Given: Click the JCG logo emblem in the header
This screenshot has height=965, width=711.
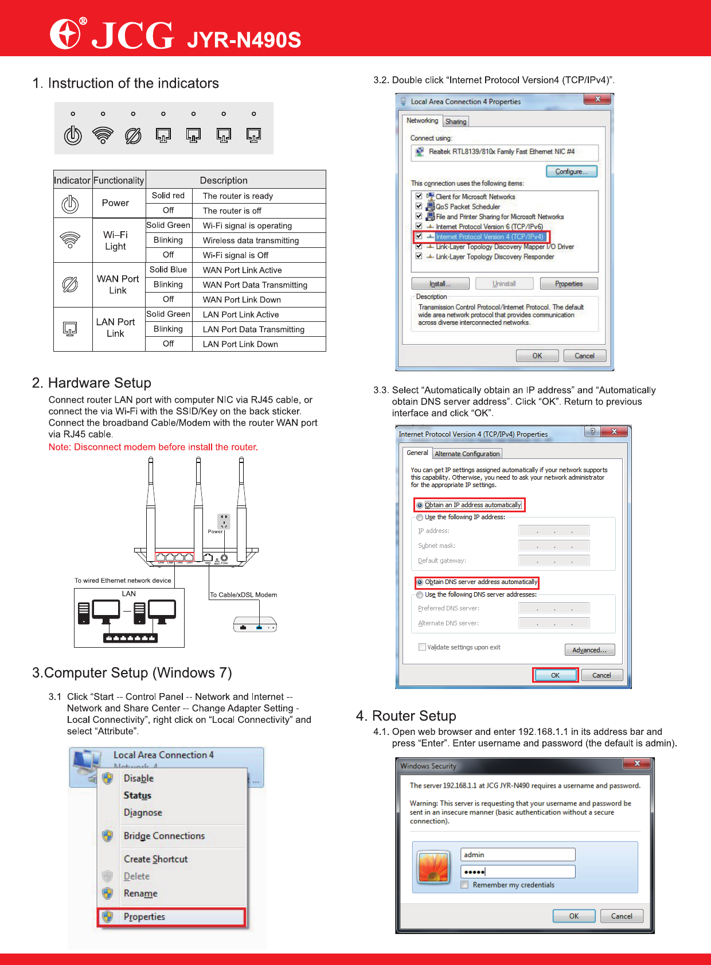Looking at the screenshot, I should [x=65, y=34].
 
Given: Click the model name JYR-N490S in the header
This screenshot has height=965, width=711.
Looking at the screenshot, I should [x=244, y=40].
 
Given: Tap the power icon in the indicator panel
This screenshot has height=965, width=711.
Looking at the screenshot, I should [x=73, y=135].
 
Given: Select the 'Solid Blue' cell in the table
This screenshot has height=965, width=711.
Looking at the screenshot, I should [x=168, y=270].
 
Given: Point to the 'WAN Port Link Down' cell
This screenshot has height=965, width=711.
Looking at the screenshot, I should [x=242, y=299].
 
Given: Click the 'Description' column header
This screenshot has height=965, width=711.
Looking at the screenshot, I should [x=224, y=180].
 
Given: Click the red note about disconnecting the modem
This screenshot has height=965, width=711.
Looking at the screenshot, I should [x=153, y=447].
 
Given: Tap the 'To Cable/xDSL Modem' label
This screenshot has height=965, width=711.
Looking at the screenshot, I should [x=243, y=595].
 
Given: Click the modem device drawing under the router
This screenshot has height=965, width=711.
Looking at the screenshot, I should [x=255, y=625].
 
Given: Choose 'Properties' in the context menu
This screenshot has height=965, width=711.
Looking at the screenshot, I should [x=144, y=917].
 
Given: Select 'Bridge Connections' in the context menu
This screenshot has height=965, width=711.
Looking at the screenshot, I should [x=164, y=836].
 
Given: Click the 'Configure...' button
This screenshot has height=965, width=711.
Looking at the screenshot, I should [x=571, y=172].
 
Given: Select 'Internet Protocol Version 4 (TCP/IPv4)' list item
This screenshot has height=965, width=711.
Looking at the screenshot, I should [x=489, y=236].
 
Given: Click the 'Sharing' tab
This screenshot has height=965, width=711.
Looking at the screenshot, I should [x=456, y=122].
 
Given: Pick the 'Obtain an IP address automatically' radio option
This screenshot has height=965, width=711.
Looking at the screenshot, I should [x=420, y=505].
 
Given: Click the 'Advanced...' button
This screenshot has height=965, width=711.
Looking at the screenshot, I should [x=589, y=650].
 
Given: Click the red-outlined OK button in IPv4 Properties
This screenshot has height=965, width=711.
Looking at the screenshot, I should [x=555, y=675].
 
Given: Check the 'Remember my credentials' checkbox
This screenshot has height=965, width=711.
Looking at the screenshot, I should [x=465, y=885].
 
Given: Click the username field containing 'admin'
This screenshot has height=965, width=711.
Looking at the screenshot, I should [x=517, y=855].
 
